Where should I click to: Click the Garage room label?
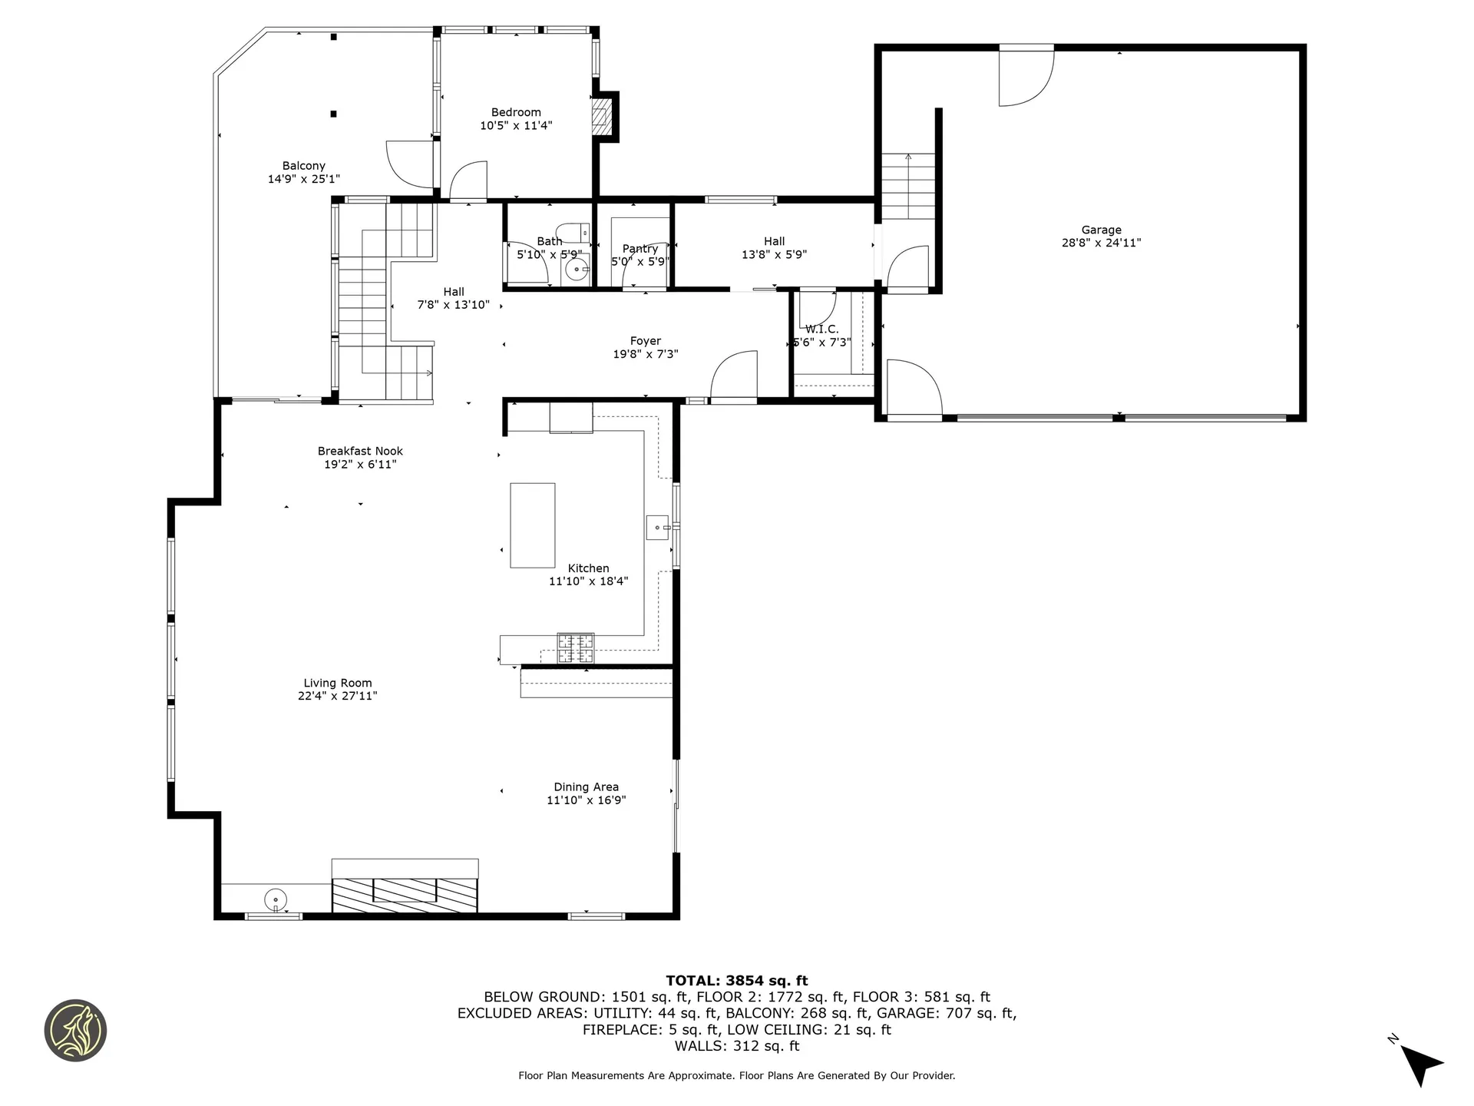[x=1101, y=230]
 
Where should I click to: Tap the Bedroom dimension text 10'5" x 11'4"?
[x=516, y=126]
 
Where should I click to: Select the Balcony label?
[x=303, y=166]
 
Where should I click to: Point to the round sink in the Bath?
[x=576, y=270]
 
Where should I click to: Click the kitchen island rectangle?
[x=533, y=525]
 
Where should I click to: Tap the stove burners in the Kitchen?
[x=575, y=647]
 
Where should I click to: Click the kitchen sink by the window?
[x=657, y=528]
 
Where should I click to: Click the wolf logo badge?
[x=75, y=1031]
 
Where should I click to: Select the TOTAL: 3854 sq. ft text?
[x=736, y=980]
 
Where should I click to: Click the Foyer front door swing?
[x=733, y=376]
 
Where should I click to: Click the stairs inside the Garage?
[x=908, y=187]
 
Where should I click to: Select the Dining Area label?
[x=586, y=787]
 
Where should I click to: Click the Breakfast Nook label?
[x=360, y=452]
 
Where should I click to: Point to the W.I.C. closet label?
[x=821, y=329]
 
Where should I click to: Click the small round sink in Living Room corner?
[x=275, y=898]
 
